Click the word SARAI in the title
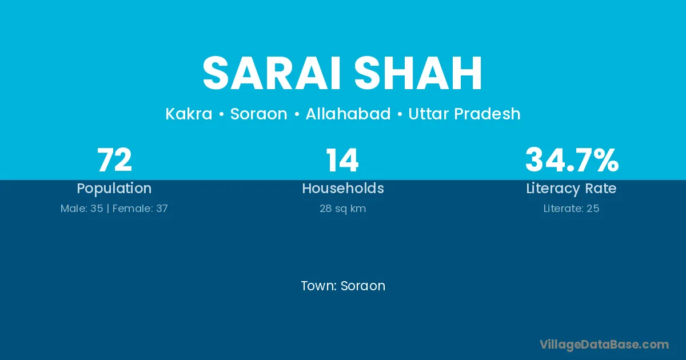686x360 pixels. [x=272, y=73]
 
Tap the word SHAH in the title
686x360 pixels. [x=418, y=73]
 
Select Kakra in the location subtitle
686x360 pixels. [x=189, y=114]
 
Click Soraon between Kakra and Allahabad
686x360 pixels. [x=259, y=114]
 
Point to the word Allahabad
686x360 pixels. [x=348, y=114]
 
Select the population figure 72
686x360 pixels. [x=114, y=160]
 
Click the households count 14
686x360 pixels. [x=342, y=160]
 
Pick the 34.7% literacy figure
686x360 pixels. [x=572, y=160]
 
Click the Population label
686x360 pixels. [x=114, y=189]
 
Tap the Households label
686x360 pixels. [x=343, y=188]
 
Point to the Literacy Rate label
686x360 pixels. [x=571, y=189]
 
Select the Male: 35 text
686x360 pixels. [x=82, y=209]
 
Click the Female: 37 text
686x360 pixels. [x=140, y=209]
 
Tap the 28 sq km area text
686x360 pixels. [x=342, y=209]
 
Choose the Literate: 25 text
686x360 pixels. [x=571, y=209]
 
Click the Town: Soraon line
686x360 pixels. [x=343, y=286]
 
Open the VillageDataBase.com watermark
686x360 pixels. [x=604, y=345]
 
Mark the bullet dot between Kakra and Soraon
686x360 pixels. [x=221, y=114]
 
